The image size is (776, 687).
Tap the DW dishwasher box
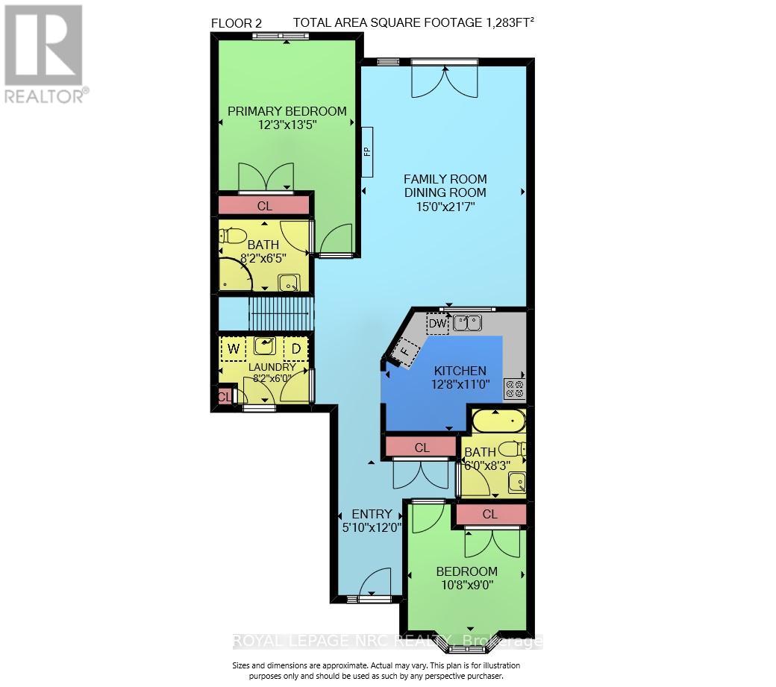click(x=437, y=324)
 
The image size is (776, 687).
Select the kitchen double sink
click(x=467, y=323)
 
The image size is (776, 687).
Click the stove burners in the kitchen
click(x=514, y=388)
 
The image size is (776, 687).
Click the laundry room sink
click(x=265, y=346)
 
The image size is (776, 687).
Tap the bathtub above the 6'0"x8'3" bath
click(x=498, y=421)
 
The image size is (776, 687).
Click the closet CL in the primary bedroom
click(x=264, y=205)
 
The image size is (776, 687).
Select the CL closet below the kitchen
click(x=422, y=448)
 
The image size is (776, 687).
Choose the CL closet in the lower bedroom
click(x=489, y=515)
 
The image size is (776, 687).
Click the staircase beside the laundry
click(x=278, y=313)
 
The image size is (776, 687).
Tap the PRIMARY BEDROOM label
click(x=287, y=111)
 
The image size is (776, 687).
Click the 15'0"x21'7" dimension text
click(x=445, y=207)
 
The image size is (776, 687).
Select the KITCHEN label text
click(x=460, y=371)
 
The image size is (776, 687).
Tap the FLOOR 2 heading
click(x=237, y=23)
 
